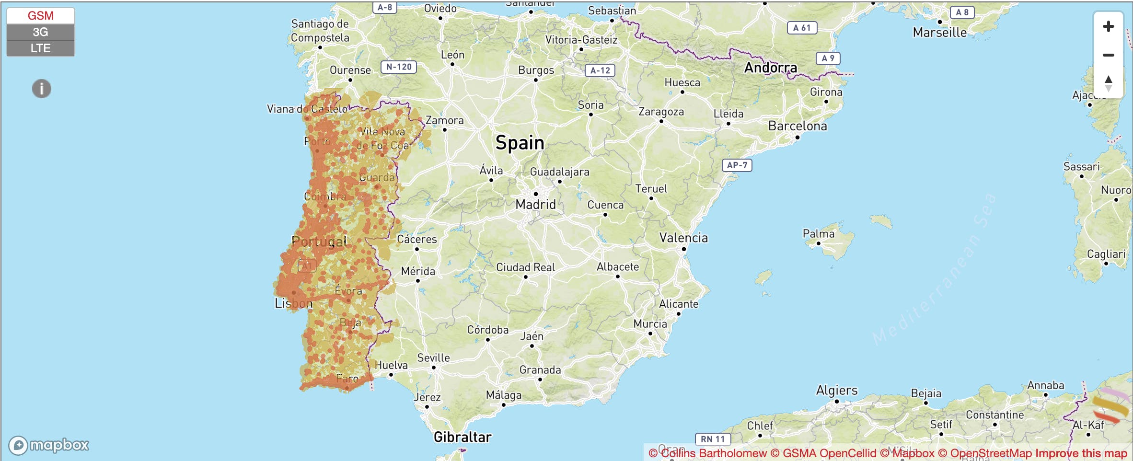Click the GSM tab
(x=40, y=16)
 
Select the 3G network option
(x=40, y=32)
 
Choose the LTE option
(x=40, y=48)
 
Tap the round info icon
(x=42, y=89)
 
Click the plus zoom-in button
(x=1108, y=26)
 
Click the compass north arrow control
(x=1108, y=83)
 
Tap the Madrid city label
(x=535, y=205)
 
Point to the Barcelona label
(x=798, y=126)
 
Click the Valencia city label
(x=683, y=238)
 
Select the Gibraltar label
(x=462, y=437)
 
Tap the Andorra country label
(x=771, y=68)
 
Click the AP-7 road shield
(x=737, y=165)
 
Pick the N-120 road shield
(x=399, y=67)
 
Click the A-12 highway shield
(x=600, y=70)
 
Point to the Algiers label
(x=837, y=390)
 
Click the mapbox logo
(x=49, y=445)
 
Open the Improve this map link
(x=1081, y=453)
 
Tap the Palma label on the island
(x=819, y=234)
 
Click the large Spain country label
(x=520, y=143)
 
